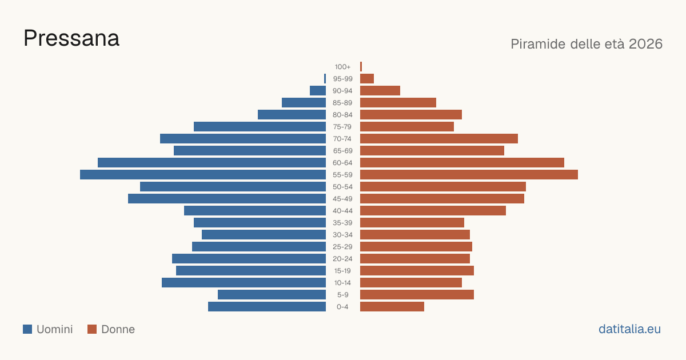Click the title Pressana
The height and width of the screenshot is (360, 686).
71,38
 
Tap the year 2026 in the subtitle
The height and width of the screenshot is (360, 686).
645,44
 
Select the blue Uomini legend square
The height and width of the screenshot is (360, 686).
27,329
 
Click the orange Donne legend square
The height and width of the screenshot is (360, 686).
92,329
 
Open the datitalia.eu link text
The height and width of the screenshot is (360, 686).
629,329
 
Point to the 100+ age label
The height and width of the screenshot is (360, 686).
342,67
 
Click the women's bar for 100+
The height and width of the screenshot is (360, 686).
361,66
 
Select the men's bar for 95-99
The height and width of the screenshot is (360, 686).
325,78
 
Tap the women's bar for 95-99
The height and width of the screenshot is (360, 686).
367,78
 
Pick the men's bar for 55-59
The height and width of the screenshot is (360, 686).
203,174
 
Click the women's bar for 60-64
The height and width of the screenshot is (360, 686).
462,162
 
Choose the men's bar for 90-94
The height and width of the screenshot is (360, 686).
318,91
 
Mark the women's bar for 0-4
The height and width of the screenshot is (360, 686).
392,306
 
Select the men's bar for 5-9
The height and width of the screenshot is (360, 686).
272,294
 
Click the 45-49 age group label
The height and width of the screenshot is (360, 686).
342,199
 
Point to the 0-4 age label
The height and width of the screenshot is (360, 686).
342,307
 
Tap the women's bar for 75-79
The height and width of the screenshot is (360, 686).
407,126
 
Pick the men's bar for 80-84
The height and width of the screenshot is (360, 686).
292,114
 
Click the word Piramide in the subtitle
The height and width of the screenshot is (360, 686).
538,44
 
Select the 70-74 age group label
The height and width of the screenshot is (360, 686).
342,139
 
